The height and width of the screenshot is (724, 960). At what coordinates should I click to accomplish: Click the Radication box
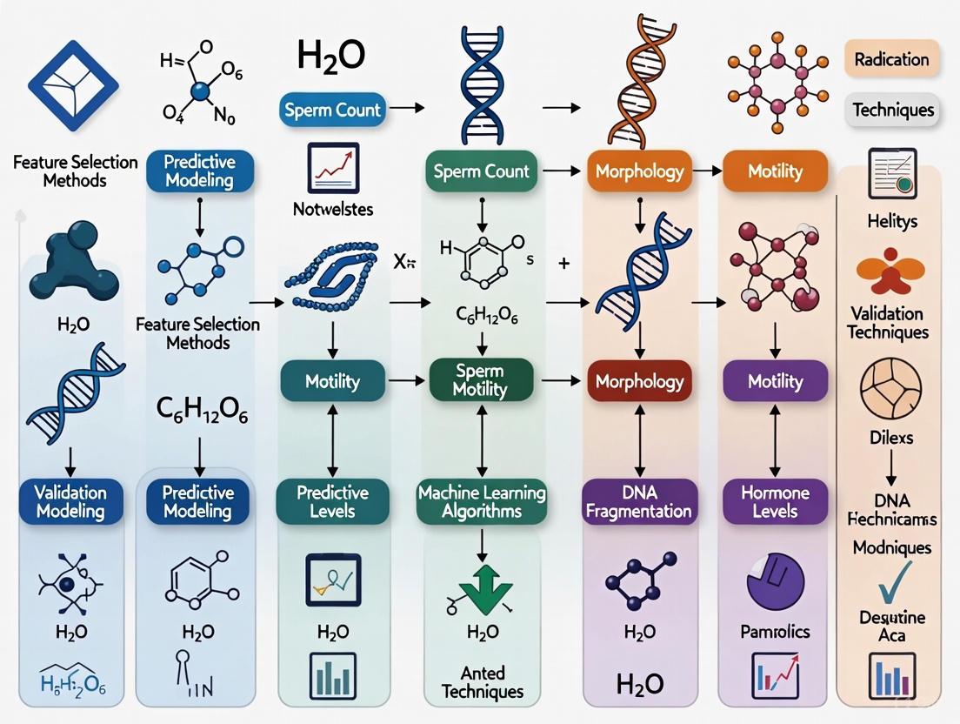(891, 60)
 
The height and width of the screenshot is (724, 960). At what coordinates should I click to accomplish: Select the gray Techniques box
(892, 111)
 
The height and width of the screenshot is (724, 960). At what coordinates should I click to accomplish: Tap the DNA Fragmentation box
(637, 502)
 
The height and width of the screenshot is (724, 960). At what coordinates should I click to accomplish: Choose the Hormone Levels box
(774, 502)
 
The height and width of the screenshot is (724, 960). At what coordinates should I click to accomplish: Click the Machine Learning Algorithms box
(481, 502)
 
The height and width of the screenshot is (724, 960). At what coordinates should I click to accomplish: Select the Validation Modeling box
(70, 502)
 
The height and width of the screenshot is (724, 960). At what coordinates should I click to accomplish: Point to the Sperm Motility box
(480, 380)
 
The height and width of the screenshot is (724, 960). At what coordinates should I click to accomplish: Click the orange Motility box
(774, 171)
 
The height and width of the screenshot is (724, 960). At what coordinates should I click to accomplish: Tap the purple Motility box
(774, 380)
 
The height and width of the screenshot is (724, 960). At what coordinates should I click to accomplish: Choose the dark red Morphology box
(639, 380)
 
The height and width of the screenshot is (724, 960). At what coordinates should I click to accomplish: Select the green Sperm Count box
(482, 171)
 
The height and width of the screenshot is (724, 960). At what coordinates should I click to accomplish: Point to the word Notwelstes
(334, 210)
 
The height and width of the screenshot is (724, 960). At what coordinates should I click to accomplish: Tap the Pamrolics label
(774, 631)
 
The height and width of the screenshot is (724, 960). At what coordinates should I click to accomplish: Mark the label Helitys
(892, 222)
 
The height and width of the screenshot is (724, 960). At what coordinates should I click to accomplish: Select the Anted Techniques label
(483, 681)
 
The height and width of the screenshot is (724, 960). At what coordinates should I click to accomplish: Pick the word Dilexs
(892, 437)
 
